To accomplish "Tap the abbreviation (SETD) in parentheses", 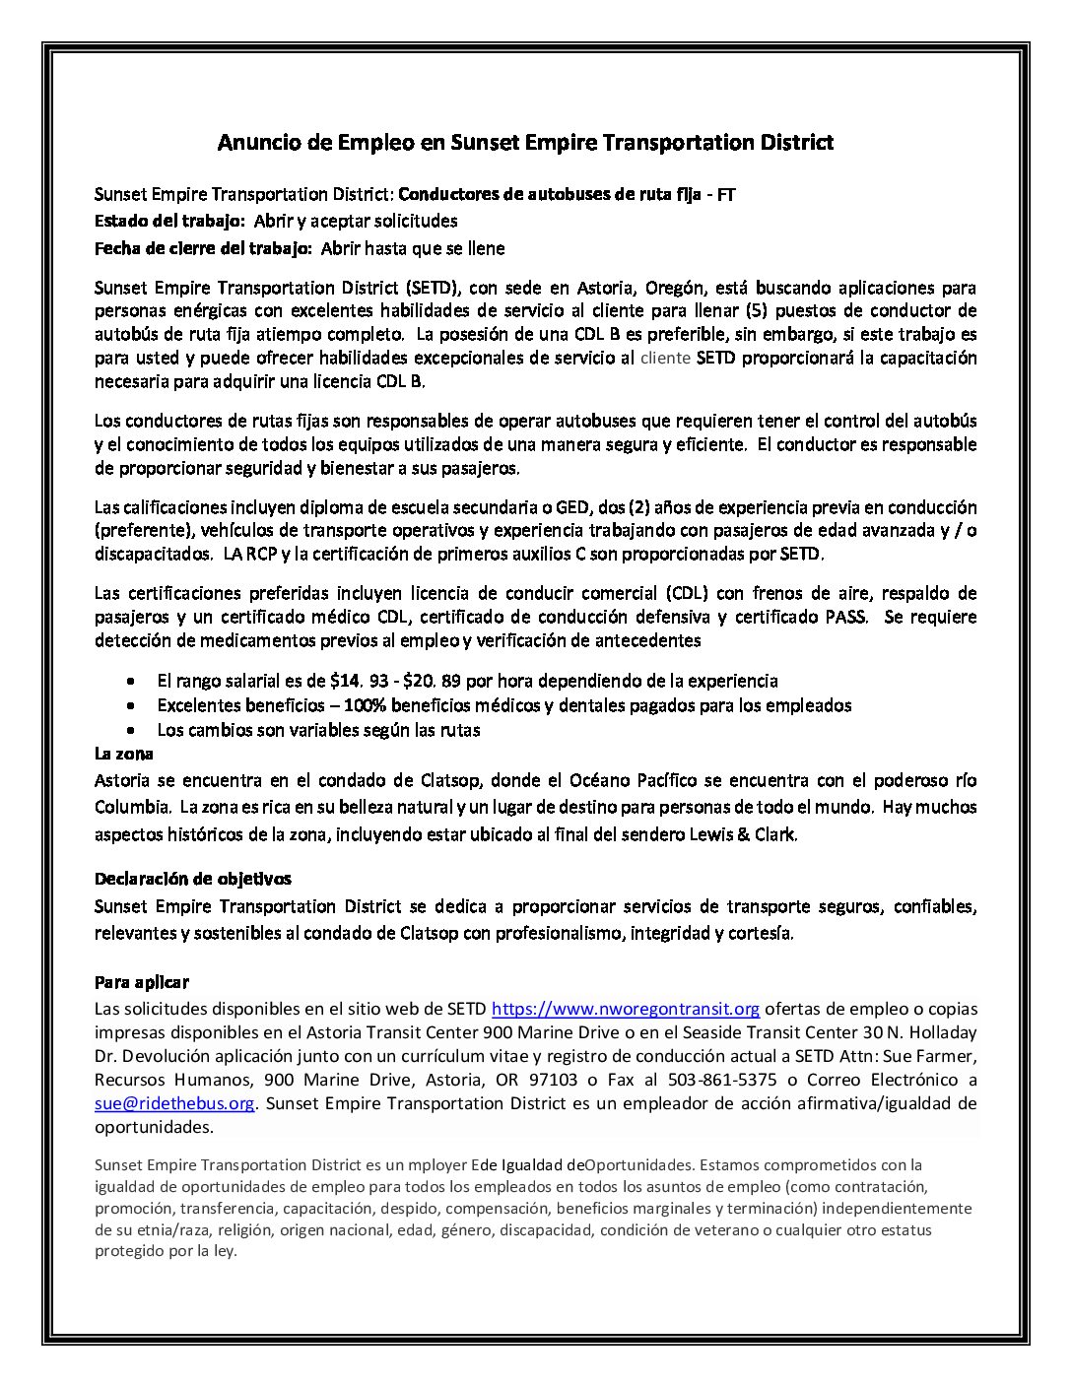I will [x=431, y=289].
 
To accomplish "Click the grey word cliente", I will [x=666, y=359].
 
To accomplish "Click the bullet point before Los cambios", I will [x=133, y=731].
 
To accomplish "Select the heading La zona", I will [x=123, y=755].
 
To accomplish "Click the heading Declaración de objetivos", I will [x=192, y=878].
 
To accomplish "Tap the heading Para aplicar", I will [x=141, y=982].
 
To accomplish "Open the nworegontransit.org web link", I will [x=625, y=1009].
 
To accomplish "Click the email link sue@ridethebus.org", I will [x=174, y=1103].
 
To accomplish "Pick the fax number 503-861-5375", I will [x=712, y=1080].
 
